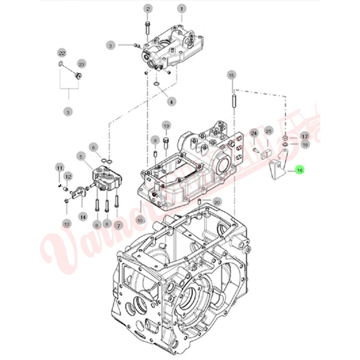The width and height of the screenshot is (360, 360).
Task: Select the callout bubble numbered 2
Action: pos(147,9)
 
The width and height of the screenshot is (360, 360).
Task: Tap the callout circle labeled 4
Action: pos(171,102)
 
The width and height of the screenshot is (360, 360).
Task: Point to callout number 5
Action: pos(81,156)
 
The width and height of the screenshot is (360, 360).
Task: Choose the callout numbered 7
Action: pos(117,225)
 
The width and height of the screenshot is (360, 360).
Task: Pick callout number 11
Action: pos(59,167)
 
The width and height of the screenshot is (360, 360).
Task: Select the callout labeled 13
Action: pos(66,224)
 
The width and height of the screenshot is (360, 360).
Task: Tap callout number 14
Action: pos(83,216)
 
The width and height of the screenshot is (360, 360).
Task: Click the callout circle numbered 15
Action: pos(232,75)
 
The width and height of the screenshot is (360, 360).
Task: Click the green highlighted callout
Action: pos(299,171)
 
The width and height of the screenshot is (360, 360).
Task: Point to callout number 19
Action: pos(166,126)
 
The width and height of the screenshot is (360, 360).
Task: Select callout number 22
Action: pos(62,53)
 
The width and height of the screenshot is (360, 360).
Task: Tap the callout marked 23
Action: pos(80,64)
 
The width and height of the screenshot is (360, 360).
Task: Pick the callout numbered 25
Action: pos(269,131)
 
